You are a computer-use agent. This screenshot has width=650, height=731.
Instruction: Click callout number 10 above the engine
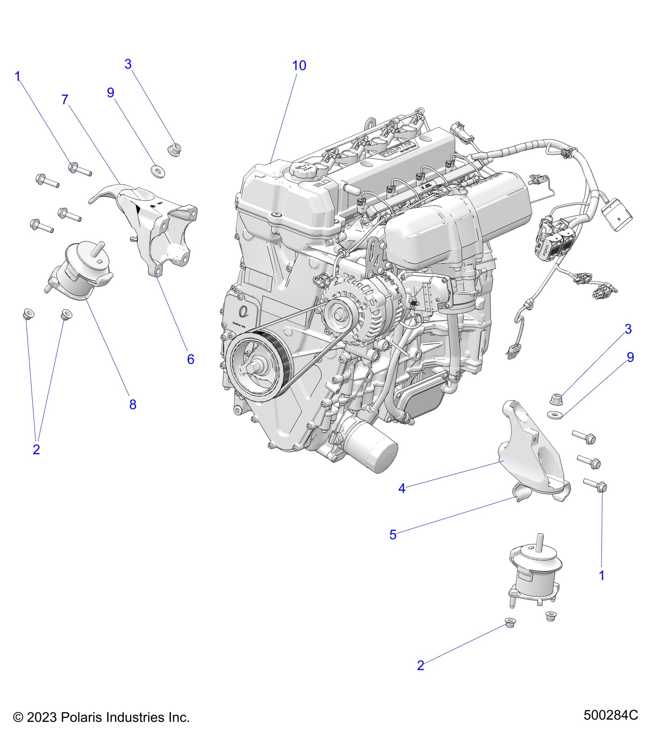pos(299,66)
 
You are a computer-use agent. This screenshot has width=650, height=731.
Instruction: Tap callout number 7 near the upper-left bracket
pos(65,100)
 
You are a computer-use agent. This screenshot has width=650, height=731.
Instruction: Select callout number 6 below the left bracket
pos(190,359)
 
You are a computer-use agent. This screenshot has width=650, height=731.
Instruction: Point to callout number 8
pos(133,404)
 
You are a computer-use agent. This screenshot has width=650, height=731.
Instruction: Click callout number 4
pos(401,488)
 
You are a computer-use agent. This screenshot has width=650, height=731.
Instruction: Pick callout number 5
pos(393,534)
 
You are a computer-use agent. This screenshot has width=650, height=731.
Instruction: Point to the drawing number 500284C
pos(611,715)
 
